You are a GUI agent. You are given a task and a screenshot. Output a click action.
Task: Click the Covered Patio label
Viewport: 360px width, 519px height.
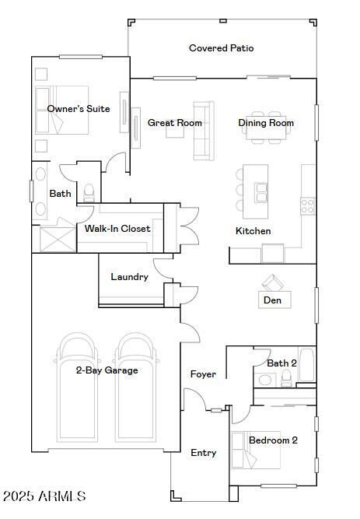221,48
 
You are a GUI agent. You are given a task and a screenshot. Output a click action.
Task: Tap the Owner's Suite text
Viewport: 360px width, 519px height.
78,109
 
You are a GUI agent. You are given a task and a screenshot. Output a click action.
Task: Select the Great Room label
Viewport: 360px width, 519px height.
175,123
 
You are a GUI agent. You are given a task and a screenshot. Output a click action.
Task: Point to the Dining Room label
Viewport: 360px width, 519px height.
266,123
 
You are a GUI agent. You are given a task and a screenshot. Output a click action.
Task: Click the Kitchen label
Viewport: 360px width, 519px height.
253,231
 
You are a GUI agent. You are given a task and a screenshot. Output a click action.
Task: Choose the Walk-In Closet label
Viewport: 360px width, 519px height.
117,229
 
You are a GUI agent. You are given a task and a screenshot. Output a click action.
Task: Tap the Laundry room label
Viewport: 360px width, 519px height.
129,277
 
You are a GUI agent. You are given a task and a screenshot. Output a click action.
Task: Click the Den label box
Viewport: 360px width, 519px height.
272,300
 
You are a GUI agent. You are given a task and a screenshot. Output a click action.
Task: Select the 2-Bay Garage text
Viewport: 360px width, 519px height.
107,370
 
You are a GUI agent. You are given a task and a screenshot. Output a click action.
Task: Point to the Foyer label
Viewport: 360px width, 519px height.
203,374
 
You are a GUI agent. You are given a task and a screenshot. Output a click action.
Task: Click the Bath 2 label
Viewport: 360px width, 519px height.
281,363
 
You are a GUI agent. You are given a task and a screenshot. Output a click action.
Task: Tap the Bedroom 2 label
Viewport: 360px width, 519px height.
273,440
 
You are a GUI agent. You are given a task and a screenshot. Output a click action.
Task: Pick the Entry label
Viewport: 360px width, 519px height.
204,453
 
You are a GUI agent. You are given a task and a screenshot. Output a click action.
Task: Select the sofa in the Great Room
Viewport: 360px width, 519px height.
203,131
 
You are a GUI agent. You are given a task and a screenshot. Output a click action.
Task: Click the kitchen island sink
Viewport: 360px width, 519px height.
261,191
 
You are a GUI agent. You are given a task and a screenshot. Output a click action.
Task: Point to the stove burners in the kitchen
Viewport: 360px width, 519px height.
308,205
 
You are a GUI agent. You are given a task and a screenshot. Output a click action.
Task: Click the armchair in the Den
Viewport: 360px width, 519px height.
271,282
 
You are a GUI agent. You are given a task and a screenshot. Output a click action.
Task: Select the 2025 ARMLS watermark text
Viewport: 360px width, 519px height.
44,496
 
